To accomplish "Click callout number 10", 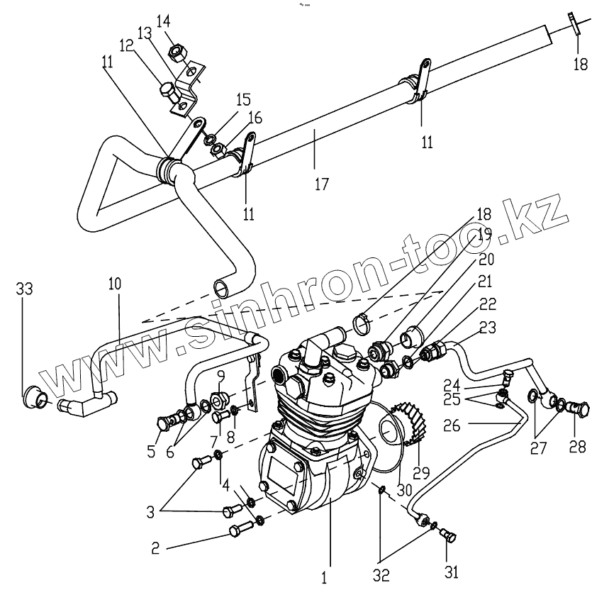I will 115,284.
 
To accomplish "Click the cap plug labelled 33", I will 33,395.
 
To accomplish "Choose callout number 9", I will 220,375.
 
